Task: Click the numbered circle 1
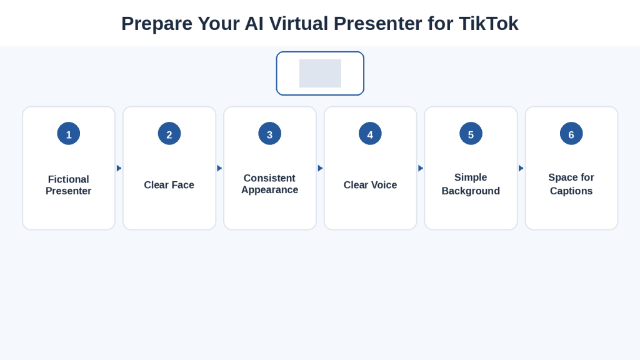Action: (x=69, y=134)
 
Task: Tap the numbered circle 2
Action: (x=169, y=134)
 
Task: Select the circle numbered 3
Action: (x=270, y=134)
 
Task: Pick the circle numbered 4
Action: (x=370, y=134)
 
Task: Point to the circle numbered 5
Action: (x=471, y=134)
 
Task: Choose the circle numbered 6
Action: (x=571, y=134)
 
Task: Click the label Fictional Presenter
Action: (x=69, y=185)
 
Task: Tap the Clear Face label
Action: (x=169, y=185)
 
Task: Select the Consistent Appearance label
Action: (x=270, y=184)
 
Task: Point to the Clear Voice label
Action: (x=370, y=185)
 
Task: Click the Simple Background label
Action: (x=471, y=184)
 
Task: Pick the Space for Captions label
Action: (x=571, y=184)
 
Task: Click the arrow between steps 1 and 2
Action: (x=119, y=168)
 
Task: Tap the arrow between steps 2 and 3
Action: (x=219, y=168)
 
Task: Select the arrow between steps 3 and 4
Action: (x=321, y=168)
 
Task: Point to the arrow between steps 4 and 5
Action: (x=421, y=168)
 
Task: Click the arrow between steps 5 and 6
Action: (x=521, y=168)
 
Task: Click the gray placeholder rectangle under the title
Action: (x=320, y=74)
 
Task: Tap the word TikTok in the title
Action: (x=489, y=24)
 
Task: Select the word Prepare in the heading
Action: (x=157, y=24)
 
